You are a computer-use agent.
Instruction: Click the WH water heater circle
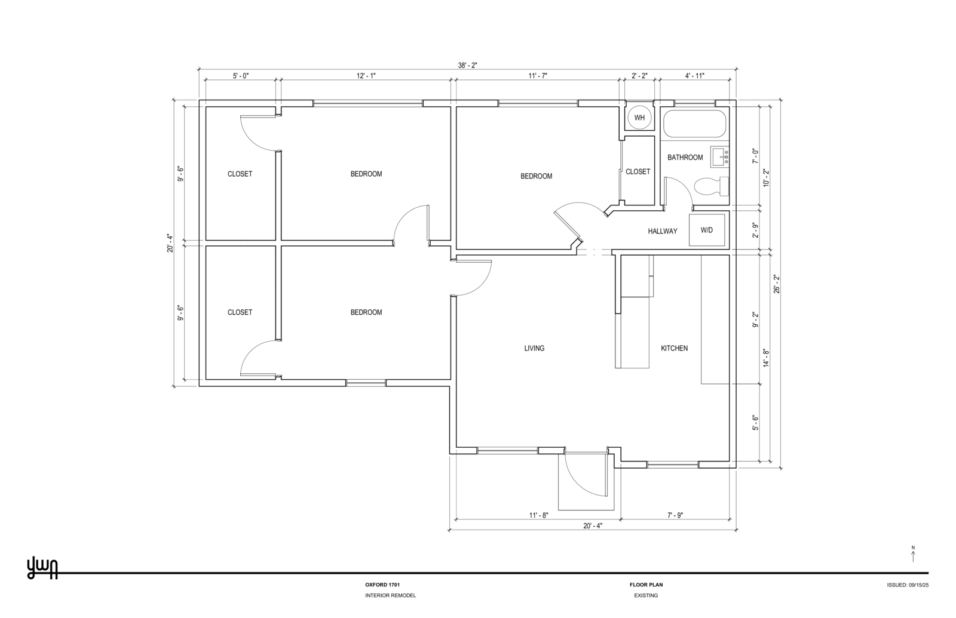(x=639, y=118)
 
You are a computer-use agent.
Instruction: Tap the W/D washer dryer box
(x=707, y=230)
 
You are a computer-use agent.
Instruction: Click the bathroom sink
(x=720, y=156)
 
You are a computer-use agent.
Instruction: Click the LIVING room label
(x=534, y=348)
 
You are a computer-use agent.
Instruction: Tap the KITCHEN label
(x=674, y=348)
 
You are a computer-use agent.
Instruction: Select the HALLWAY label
(x=663, y=231)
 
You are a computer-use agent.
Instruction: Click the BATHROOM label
(x=685, y=158)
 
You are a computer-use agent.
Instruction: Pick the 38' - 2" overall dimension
(x=467, y=66)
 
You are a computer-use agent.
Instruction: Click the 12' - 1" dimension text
(x=366, y=76)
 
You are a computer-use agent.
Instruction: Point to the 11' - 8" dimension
(x=538, y=515)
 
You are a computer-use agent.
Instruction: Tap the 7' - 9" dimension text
(x=675, y=515)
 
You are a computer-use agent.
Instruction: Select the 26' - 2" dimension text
(x=776, y=284)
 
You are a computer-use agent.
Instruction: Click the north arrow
(x=913, y=555)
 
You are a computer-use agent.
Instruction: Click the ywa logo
(x=42, y=568)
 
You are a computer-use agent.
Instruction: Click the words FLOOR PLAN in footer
(x=646, y=585)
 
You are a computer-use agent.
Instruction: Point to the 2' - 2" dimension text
(x=639, y=76)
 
